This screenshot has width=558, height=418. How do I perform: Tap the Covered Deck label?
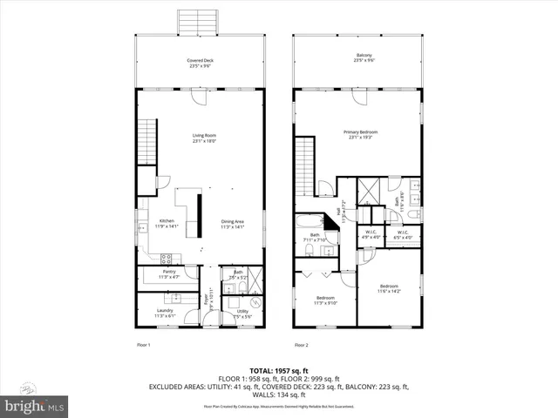(x=201, y=63)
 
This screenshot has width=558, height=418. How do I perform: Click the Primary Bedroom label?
(x=357, y=135)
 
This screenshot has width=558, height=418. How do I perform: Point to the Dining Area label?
(x=232, y=224)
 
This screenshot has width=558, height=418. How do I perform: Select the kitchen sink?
(x=140, y=228)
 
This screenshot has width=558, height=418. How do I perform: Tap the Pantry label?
(x=169, y=274)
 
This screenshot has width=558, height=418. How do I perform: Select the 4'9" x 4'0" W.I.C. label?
(x=371, y=234)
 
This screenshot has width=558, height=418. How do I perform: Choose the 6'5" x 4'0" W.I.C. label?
(x=404, y=234)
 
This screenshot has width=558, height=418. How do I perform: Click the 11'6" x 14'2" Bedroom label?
(x=388, y=288)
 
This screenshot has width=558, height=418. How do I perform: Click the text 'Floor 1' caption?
(x=144, y=346)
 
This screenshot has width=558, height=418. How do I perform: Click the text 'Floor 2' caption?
(x=301, y=346)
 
